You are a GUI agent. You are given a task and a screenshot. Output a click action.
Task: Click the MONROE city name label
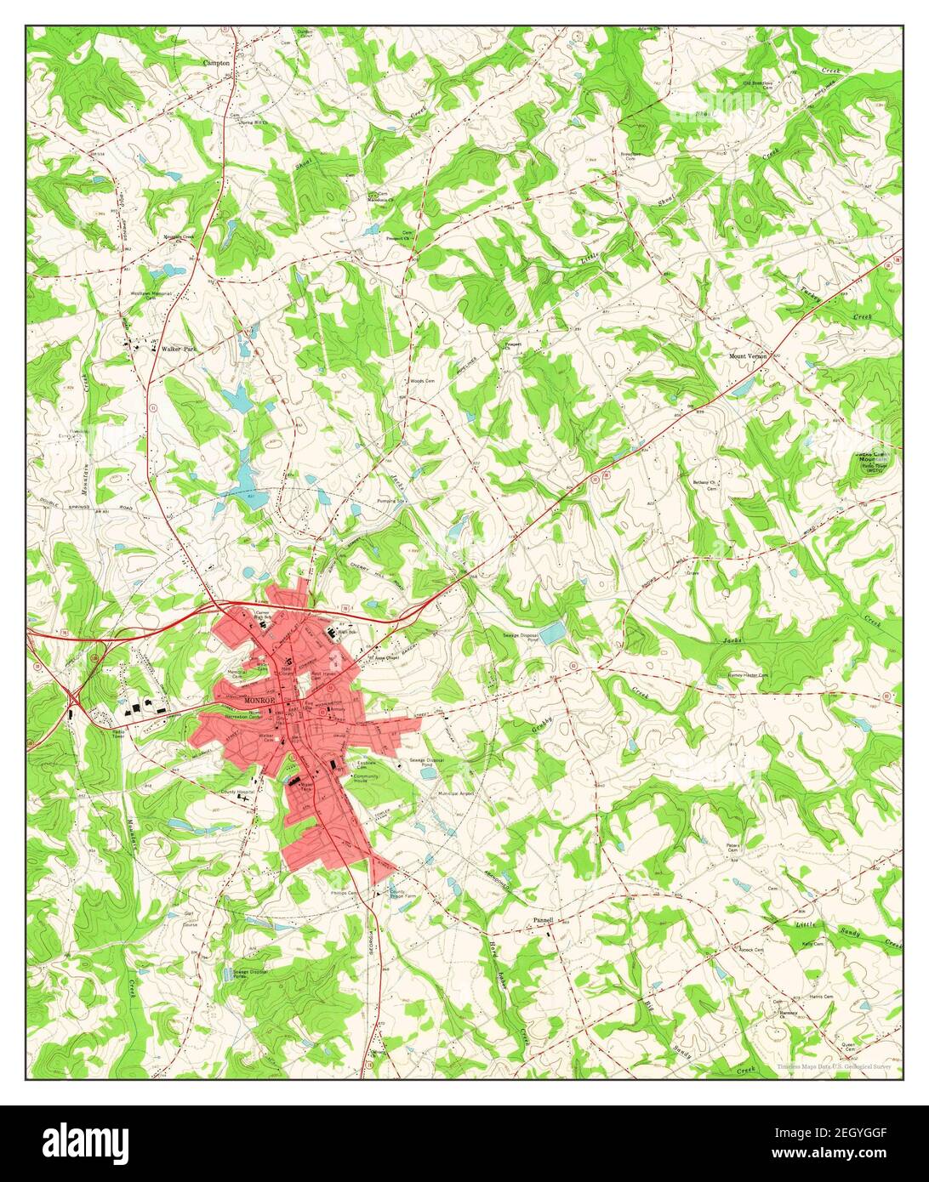tap(259, 700)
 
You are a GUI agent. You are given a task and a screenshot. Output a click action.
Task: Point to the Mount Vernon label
tap(748, 356)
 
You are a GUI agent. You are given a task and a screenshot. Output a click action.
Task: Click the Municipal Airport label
tap(454, 793)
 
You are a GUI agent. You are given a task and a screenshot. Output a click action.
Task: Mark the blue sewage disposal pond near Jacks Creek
tap(551, 633)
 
